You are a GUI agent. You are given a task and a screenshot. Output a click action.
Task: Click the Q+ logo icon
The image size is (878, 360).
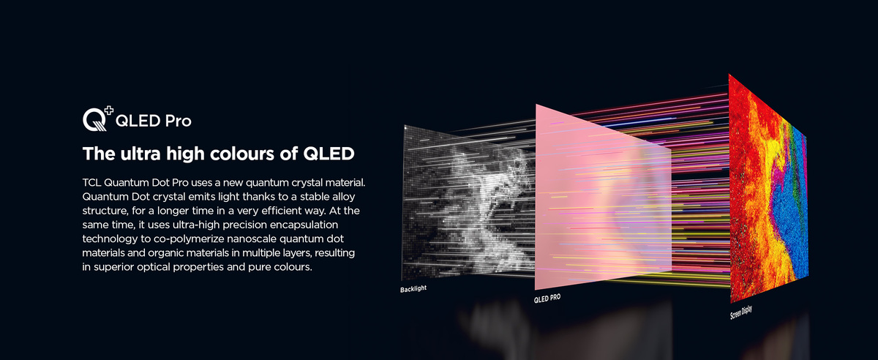97,119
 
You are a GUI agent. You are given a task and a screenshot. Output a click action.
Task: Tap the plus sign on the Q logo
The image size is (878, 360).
108,110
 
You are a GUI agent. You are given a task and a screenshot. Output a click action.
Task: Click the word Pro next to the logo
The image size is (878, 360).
178,121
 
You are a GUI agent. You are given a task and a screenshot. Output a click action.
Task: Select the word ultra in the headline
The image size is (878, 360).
140,154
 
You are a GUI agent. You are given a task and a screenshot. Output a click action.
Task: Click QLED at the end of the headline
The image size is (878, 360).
329,154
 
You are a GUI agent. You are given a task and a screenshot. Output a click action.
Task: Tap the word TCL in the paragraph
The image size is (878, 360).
91,183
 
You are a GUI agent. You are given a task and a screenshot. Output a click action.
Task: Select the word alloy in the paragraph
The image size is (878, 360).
343,197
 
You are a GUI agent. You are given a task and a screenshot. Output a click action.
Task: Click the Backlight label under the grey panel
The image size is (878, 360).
413,289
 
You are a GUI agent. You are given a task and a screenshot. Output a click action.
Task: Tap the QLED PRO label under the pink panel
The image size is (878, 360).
547,298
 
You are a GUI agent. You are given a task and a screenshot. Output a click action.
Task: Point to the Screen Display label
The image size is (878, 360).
740,312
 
